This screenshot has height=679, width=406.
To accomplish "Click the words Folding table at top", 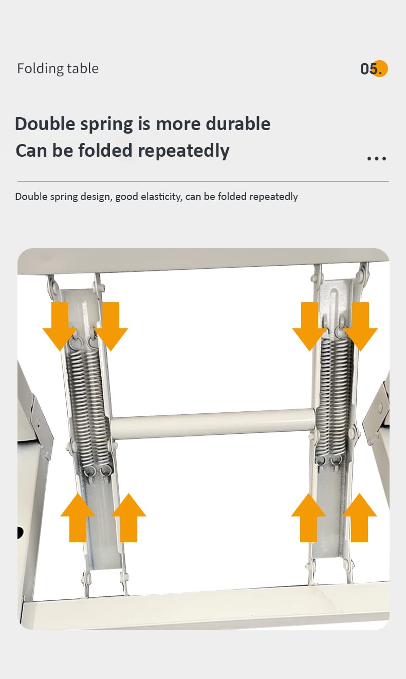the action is (58, 68).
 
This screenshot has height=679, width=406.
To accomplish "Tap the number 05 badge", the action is (374, 68).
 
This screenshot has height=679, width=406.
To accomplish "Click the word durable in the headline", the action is (238, 124).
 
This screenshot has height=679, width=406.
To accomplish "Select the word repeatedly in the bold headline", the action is (183, 151).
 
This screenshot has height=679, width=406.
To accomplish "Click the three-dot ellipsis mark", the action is (377, 158).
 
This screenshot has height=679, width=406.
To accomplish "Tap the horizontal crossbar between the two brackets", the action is (213, 424).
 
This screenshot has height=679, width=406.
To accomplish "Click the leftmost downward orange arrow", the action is (60, 326).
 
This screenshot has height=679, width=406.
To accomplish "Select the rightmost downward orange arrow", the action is (360, 326).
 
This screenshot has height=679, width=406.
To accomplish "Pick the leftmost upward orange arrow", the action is (78, 518).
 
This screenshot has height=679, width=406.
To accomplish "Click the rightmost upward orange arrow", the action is (360, 518).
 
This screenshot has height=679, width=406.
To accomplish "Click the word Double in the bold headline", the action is (45, 124).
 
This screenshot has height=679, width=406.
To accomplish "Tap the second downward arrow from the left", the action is (110, 326).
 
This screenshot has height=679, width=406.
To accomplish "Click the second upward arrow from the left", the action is (129, 518).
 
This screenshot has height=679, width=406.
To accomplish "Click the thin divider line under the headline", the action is (203, 181).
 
